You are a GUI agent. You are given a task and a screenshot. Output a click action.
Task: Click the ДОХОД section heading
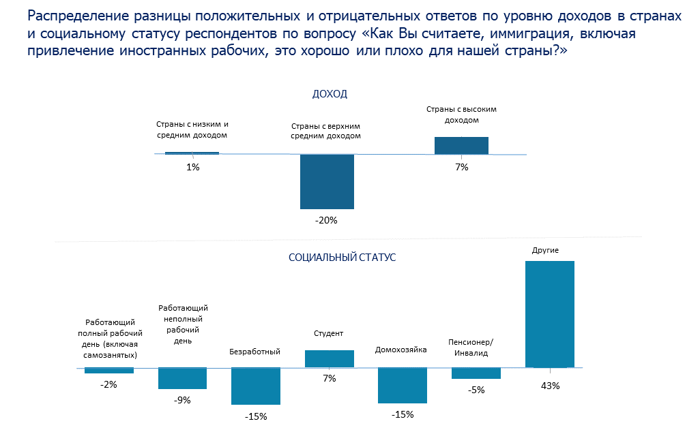point(330,94)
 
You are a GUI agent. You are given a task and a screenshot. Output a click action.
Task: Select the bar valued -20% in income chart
point(327,181)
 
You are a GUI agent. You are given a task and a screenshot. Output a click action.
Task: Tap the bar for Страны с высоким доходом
point(461,146)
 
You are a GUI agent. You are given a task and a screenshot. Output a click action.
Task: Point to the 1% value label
point(192,167)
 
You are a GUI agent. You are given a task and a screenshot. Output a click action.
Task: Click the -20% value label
point(327,220)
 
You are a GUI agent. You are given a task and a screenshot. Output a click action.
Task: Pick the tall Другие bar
point(549,314)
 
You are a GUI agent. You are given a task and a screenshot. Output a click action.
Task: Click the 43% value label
point(550,386)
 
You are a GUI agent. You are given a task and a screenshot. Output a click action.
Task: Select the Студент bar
point(330,358)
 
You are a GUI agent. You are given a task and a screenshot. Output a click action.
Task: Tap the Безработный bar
point(256,386)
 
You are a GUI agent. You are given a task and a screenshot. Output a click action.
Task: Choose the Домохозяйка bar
point(403,385)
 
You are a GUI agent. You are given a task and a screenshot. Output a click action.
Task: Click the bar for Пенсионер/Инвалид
point(476,373)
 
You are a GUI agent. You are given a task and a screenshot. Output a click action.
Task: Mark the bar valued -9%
point(182,378)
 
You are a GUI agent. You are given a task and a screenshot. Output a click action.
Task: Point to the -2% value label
point(108,384)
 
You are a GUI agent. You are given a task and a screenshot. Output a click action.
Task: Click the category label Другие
point(545,250)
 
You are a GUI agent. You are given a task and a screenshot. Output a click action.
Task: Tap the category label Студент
point(328,333)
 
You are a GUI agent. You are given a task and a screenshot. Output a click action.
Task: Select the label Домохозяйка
point(401,350)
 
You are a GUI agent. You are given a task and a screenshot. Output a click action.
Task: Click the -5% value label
point(476,390)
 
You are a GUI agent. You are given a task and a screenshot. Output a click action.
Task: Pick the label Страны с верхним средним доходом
point(325,131)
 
